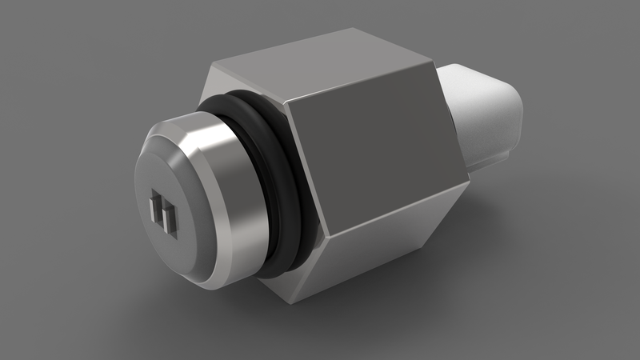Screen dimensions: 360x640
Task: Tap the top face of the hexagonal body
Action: pyautogui.click(x=320, y=68)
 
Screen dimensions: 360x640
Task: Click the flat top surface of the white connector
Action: pyautogui.click(x=472, y=76)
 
